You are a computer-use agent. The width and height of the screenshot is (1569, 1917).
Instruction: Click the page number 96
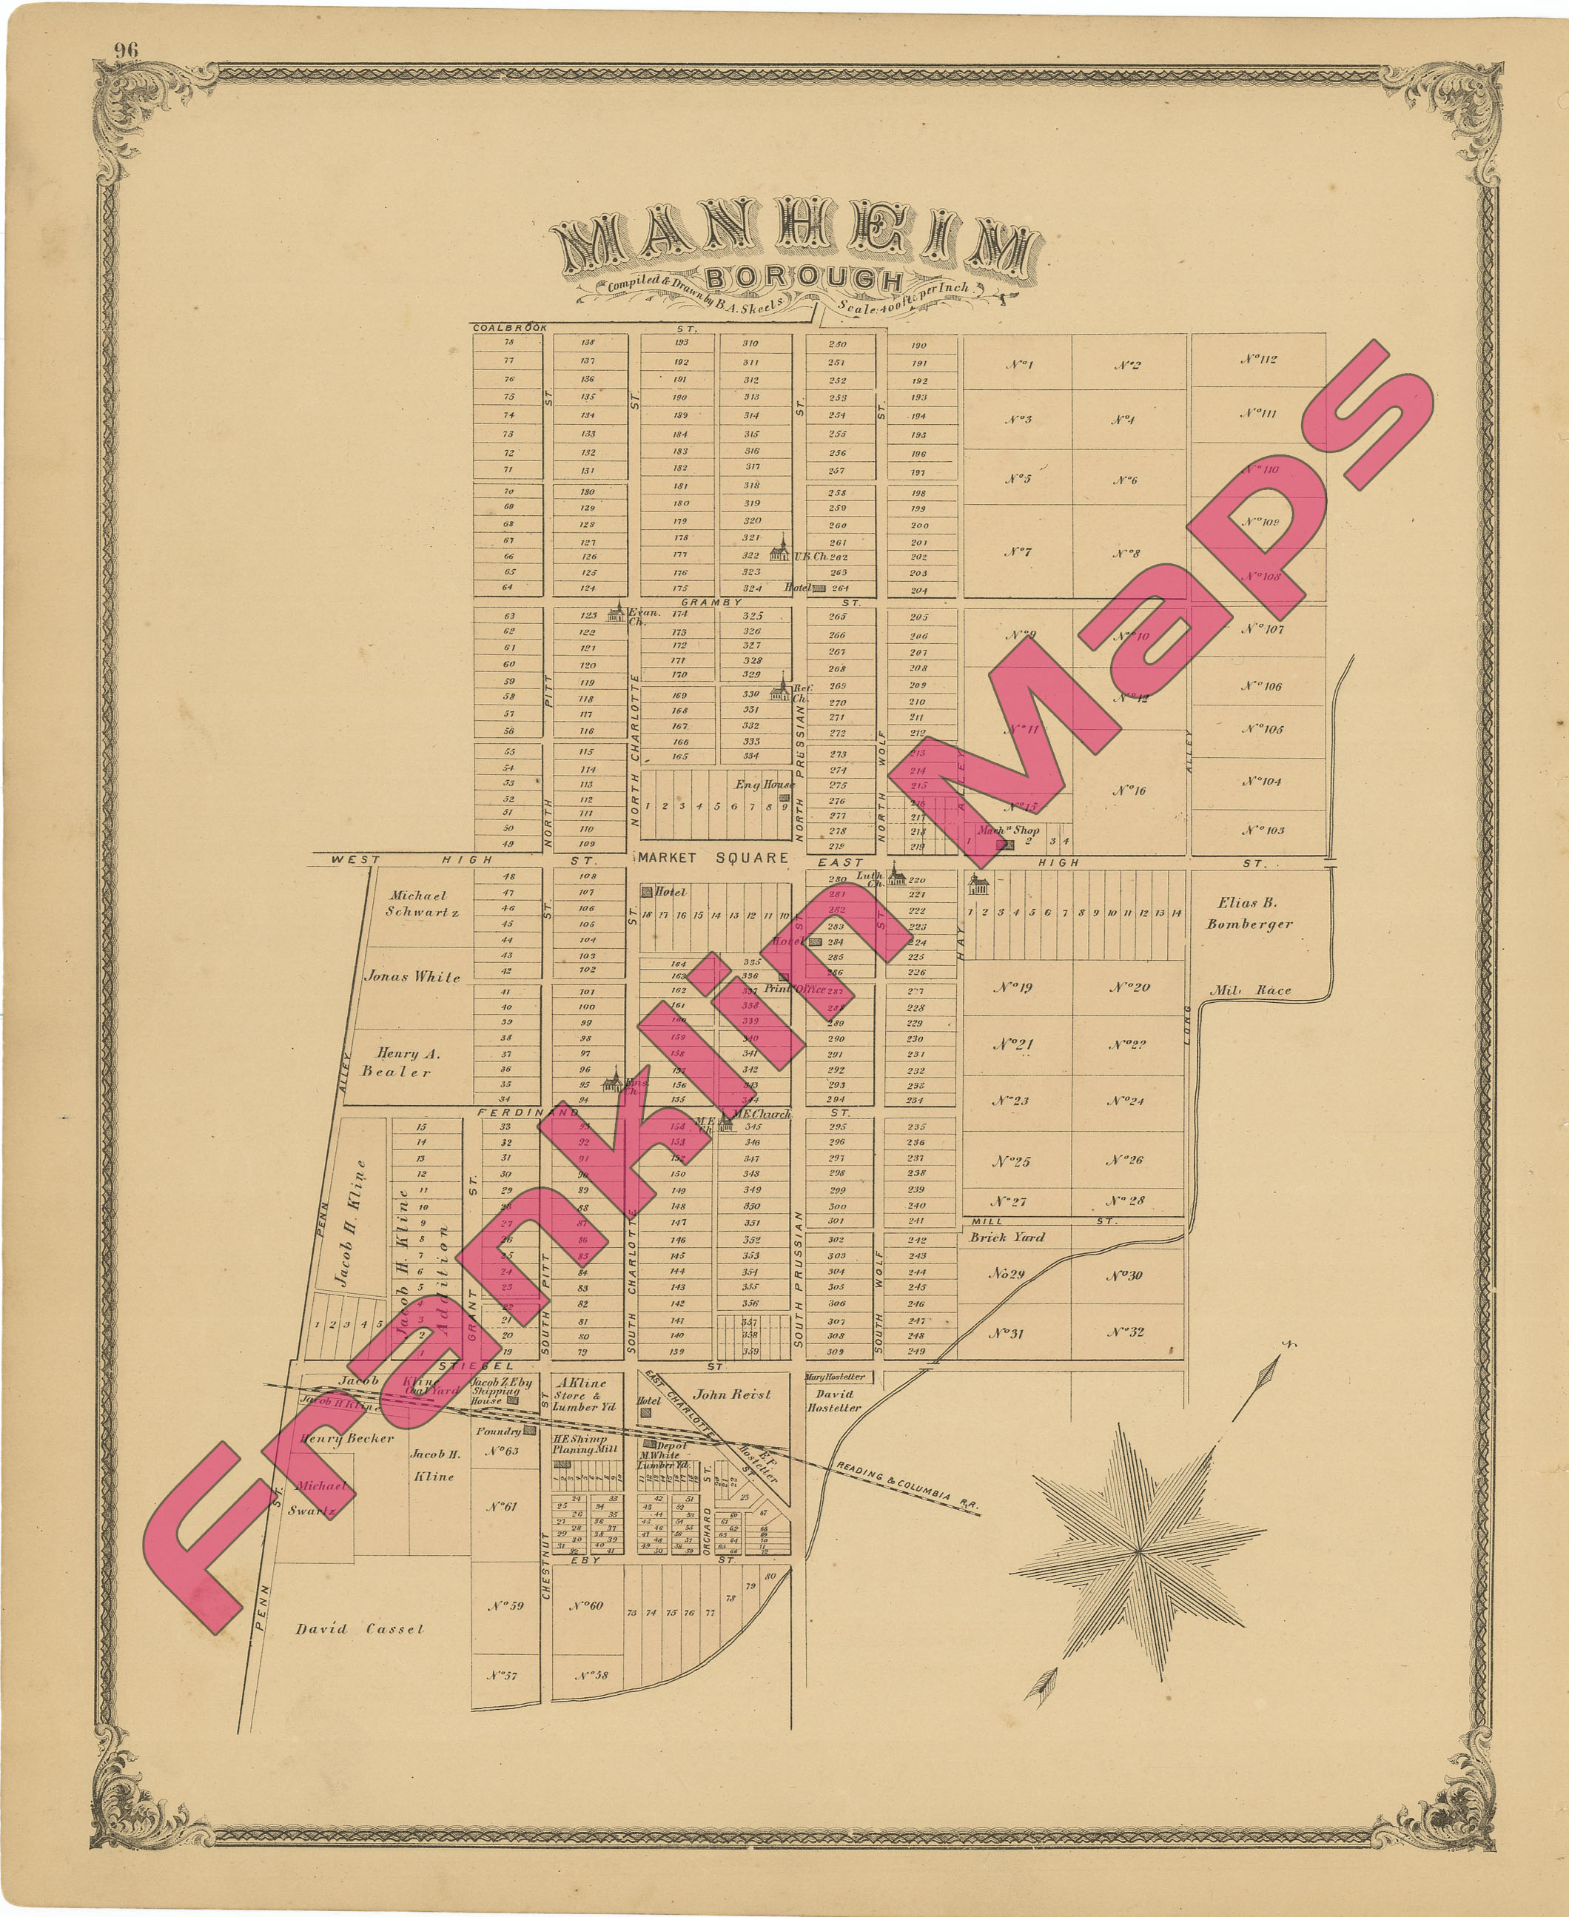pos(126,50)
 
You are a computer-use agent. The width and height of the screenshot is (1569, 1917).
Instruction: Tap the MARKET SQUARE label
pos(714,858)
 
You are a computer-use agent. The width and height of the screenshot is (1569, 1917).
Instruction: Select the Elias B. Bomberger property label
pos(1250,913)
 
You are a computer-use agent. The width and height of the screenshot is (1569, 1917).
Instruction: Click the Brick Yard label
pos(1007,1238)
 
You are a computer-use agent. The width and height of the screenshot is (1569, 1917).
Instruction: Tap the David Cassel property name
pos(360,1628)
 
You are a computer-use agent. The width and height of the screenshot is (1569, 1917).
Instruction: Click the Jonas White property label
pos(412,976)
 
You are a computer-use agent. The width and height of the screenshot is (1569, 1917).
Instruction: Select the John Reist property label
pos(732,1394)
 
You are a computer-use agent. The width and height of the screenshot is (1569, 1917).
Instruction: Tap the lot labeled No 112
pos(1258,360)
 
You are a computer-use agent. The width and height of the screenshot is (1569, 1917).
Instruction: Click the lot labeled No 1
pos(1018,365)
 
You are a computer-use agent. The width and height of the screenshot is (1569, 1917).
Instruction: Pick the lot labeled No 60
pos(585,1605)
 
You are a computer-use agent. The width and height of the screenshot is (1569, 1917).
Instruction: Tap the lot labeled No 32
pos(1126,1332)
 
